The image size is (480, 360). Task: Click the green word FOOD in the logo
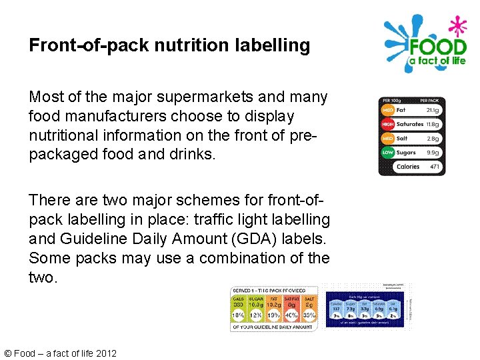(437, 47)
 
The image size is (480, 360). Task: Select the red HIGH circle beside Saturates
(387, 124)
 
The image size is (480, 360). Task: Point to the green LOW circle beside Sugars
(387, 153)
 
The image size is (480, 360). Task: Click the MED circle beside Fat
(387, 110)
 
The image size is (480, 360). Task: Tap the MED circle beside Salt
(387, 139)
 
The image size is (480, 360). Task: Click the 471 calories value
(434, 167)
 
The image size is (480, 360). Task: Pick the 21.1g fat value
(433, 110)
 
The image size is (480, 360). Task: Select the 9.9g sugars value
(433, 153)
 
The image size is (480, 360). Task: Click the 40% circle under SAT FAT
(291, 315)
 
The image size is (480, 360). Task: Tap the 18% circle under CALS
(238, 315)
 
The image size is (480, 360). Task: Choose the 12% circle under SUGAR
(256, 315)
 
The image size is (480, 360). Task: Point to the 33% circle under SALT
(309, 315)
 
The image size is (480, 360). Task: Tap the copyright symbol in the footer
(7, 353)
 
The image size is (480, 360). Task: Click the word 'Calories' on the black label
(407, 167)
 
